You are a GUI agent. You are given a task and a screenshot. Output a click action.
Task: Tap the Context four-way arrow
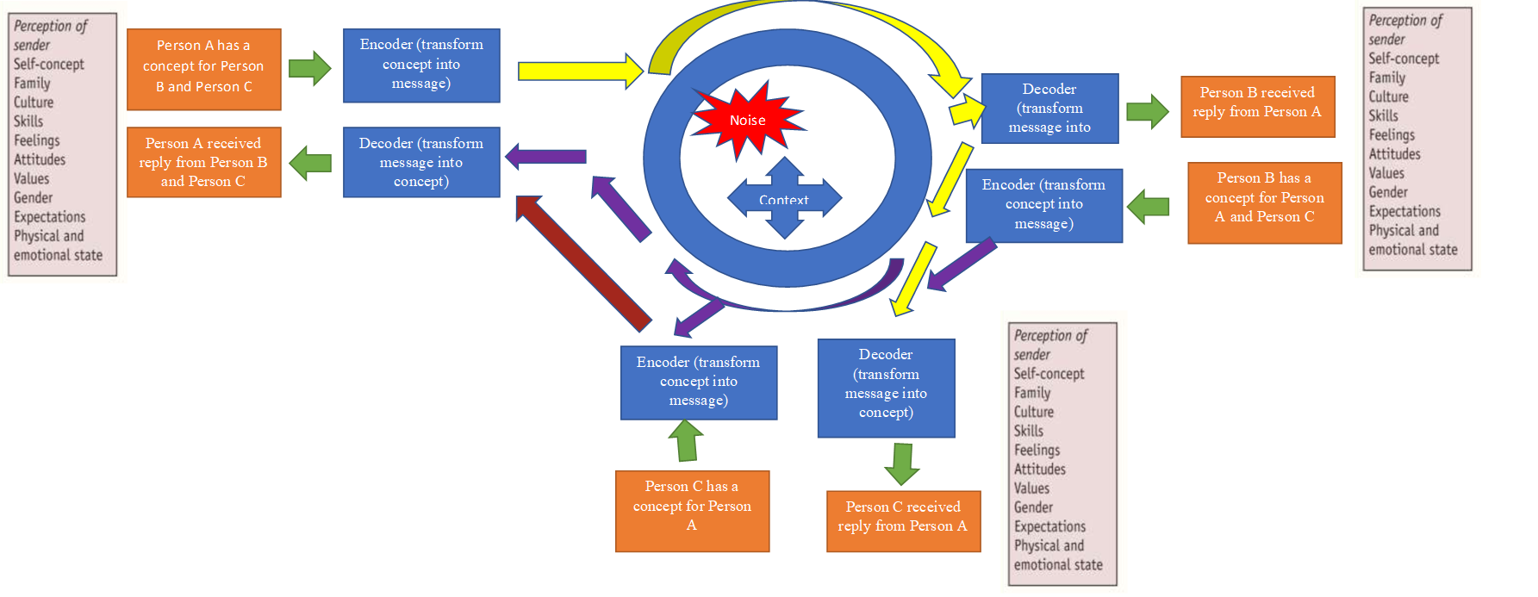[784, 198]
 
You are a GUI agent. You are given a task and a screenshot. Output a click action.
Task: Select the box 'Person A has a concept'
[203, 69]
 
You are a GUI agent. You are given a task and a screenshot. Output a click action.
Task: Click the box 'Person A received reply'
[203, 162]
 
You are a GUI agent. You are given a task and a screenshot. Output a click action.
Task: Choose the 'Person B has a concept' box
[1264, 202]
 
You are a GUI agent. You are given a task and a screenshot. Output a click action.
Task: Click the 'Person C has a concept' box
[692, 510]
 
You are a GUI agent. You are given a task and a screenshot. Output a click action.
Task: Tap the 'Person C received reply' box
[903, 520]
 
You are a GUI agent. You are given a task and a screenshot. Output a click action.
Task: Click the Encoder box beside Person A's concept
[421, 65]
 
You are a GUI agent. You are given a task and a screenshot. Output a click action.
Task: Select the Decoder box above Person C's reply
[886, 388]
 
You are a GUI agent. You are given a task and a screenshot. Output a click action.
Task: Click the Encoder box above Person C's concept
[699, 382]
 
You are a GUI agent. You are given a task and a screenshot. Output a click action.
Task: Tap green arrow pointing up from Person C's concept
[686, 441]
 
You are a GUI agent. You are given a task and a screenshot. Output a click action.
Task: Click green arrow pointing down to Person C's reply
[902, 463]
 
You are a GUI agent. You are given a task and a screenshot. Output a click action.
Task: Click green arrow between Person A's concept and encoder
[309, 68]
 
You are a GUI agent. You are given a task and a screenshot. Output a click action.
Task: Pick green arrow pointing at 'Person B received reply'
[1147, 110]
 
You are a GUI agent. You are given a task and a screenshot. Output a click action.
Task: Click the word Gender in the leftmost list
[33, 198]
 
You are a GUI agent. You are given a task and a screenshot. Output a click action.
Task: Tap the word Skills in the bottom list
[1029, 431]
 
